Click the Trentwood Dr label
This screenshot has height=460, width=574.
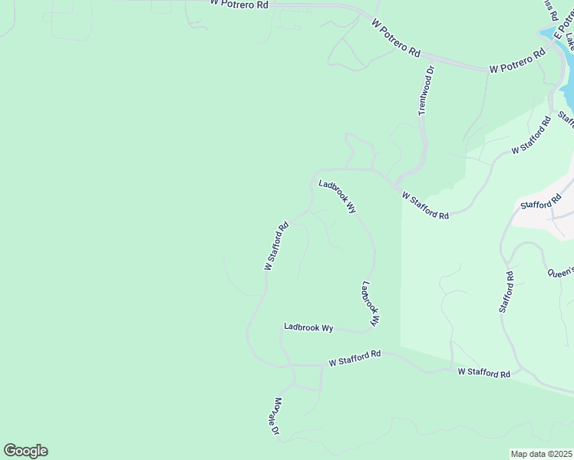point(426,90)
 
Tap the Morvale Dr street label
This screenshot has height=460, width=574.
point(275,416)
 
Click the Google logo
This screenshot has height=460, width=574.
point(25,451)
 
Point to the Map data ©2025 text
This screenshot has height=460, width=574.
point(541,454)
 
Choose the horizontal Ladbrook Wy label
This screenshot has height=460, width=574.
point(308,327)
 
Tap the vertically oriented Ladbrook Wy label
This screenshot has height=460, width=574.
point(371,304)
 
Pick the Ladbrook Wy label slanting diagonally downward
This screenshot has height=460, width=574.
point(338,196)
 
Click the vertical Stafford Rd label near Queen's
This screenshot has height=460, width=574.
point(506,291)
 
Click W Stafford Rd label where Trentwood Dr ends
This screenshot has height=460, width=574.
point(425,205)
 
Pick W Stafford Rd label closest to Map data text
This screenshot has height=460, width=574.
point(483,373)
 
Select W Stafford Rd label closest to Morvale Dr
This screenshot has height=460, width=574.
point(355,358)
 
